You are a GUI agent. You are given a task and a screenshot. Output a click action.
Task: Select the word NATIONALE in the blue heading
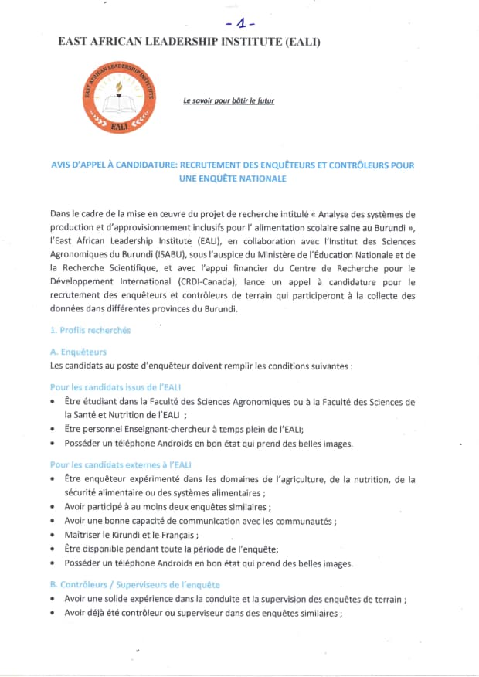259,179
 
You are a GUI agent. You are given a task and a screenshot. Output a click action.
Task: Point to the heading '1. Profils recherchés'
90,330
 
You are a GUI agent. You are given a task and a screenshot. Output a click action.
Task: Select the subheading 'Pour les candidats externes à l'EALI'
121,464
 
